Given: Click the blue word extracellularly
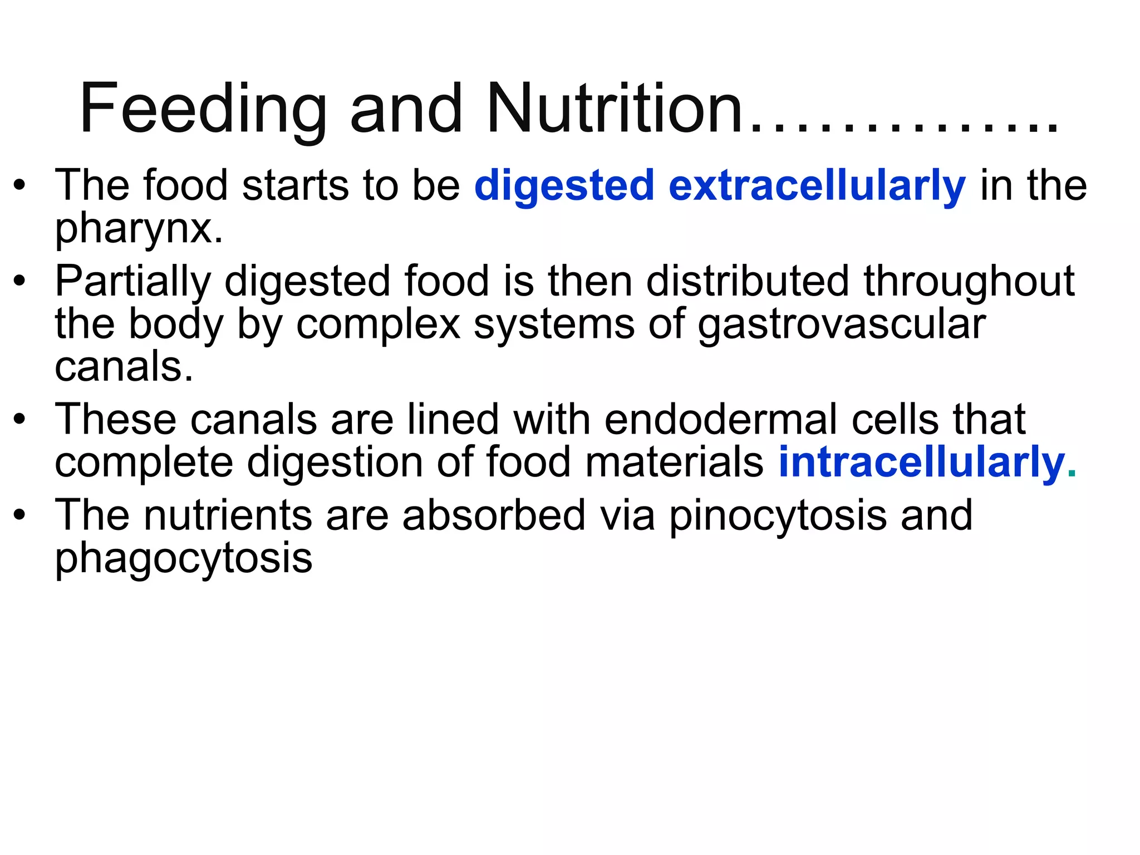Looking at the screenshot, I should click(817, 186).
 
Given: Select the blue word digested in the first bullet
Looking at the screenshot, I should click(564, 186).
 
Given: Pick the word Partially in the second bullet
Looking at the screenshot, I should click(132, 282).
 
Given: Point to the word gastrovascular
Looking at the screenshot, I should click(841, 325).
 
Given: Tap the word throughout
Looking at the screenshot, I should click(969, 282).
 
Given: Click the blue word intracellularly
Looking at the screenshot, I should click(921, 463).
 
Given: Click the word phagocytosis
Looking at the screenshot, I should click(183, 559).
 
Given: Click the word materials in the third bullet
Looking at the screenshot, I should click(674, 463).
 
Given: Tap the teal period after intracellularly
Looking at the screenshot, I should click(1072, 474).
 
